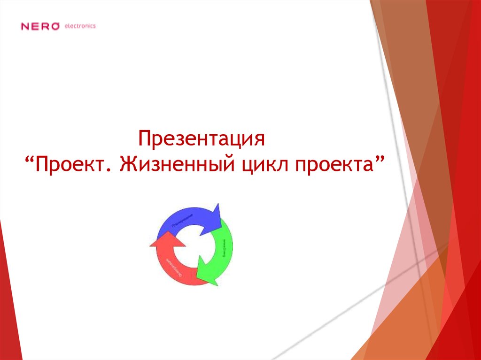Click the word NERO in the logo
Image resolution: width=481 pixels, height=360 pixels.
(40, 27)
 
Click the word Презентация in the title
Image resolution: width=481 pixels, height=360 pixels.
(202, 139)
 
